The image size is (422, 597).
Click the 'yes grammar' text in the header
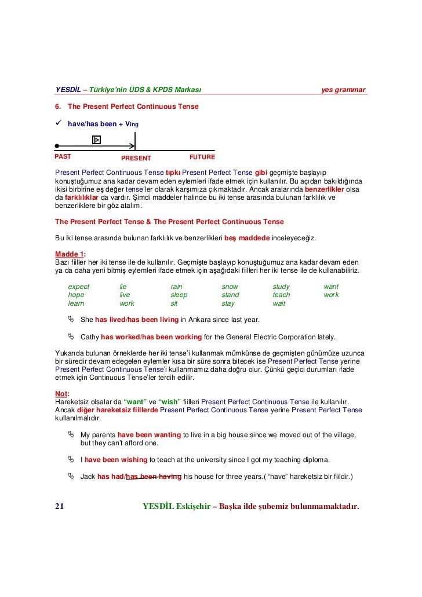pyautogui.click(x=343, y=90)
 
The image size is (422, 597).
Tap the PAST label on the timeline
pyautogui.click(x=63, y=157)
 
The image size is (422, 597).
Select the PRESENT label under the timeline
pyautogui.click(x=136, y=158)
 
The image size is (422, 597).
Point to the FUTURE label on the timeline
pyautogui.click(x=202, y=157)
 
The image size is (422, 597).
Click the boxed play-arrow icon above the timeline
pyautogui.click(x=96, y=139)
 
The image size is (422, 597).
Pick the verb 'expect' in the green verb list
pyautogui.click(x=79, y=287)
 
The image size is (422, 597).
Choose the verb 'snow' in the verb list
pyautogui.click(x=230, y=287)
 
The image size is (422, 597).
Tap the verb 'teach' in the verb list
pyautogui.click(x=281, y=295)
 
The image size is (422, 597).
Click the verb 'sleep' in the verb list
pyautogui.click(x=179, y=295)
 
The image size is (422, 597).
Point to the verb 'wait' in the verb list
pyautogui.click(x=279, y=303)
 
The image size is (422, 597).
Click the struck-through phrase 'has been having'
pyautogui.click(x=154, y=477)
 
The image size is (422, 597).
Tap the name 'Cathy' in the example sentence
pyautogui.click(x=90, y=336)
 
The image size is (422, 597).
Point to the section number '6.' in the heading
pyautogui.click(x=58, y=107)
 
